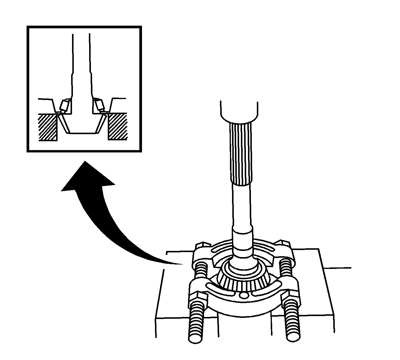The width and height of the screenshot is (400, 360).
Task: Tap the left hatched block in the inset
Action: [47, 127]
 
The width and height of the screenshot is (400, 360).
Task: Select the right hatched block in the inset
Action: [118, 127]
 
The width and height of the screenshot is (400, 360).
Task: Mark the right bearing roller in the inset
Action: [99, 105]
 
